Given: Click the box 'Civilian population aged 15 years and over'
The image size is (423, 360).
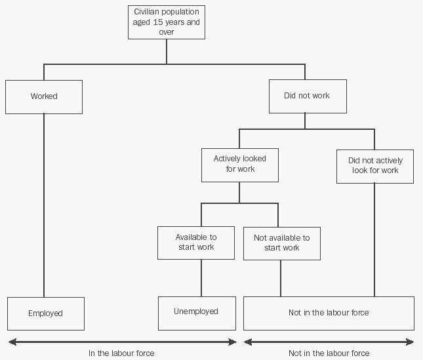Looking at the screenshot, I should point(166,22).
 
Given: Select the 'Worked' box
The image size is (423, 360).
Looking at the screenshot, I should point(44,96).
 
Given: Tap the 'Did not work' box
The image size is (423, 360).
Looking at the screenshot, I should point(307,96).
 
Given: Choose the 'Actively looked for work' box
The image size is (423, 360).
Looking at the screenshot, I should point(239,164).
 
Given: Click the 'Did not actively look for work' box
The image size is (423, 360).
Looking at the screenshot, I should point(375,165).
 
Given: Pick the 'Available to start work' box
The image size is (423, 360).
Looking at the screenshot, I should point(196,242).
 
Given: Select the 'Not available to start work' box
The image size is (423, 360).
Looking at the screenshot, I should point(281,243).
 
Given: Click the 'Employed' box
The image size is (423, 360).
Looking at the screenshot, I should point(45,313).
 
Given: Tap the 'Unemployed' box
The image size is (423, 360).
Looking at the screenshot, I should point(196,312).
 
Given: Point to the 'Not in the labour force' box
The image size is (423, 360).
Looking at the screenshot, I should point(329,313).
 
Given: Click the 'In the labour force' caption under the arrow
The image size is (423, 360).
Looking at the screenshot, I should point(121,353).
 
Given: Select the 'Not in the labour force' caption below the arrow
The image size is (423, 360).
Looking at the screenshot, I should point(329,353).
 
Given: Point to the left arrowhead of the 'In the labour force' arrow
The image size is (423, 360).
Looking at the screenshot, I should point(11,342).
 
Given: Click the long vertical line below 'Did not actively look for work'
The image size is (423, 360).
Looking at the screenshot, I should point(374,239).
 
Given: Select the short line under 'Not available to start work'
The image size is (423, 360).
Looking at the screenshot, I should point(281,278).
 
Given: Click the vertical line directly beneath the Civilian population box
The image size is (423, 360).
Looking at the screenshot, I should point(167,51).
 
